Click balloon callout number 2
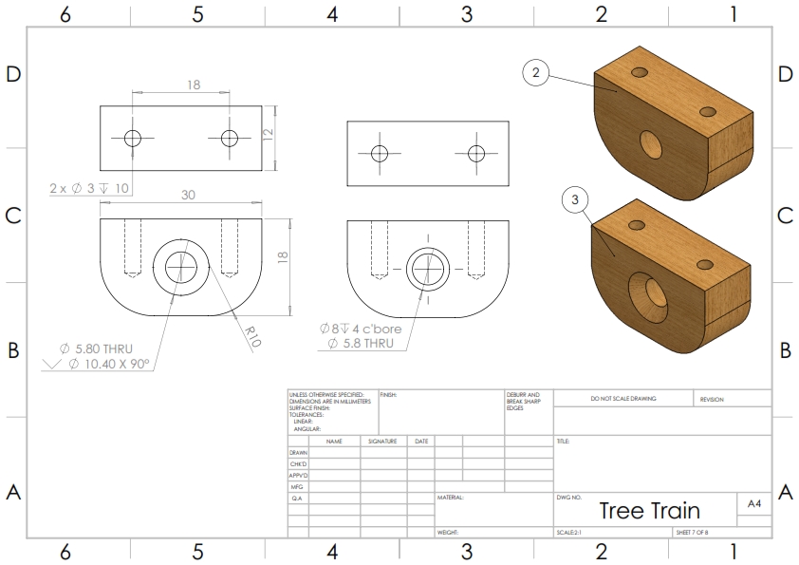tap(536, 73)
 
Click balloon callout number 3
tap(576, 199)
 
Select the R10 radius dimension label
tap(252, 337)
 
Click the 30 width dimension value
tap(188, 195)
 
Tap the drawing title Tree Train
tap(649, 511)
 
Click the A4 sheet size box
tap(754, 504)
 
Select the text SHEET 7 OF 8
tap(692, 533)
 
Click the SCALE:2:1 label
tap(569, 533)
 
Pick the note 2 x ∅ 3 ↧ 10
tap(89, 188)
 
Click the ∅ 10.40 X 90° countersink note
tap(109, 363)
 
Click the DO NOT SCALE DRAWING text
tap(622, 399)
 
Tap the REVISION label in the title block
tap(712, 399)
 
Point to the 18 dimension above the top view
tap(194, 85)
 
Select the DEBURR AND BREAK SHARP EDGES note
tap(523, 401)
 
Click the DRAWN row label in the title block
tap(298, 453)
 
